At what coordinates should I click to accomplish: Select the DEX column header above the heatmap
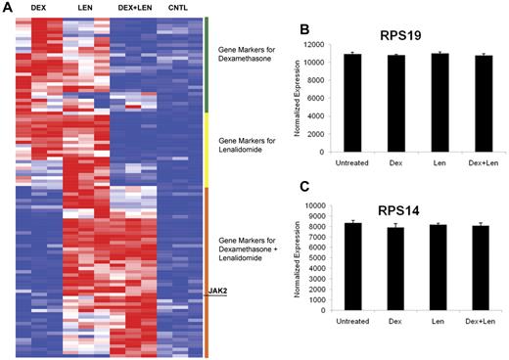39,8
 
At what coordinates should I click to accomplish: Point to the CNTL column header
178,8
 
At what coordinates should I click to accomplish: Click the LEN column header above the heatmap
84,8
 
